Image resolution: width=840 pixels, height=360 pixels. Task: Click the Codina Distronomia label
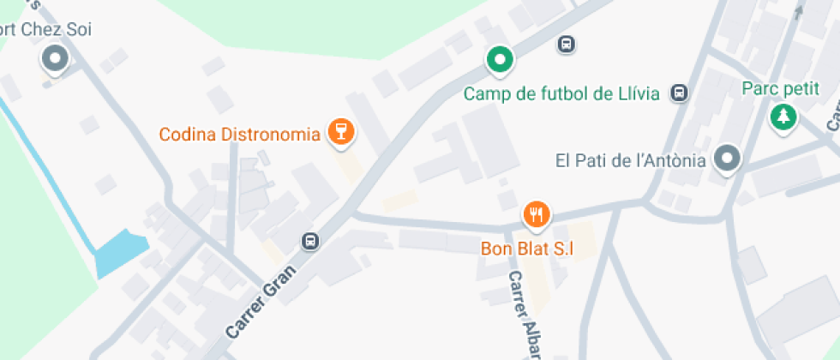pos(239,135)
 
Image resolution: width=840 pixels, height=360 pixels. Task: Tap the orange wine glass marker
pos(342,132)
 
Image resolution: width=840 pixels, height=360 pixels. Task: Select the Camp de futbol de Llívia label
pos(561,93)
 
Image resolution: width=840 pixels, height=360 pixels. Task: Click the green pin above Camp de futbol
pos(500,59)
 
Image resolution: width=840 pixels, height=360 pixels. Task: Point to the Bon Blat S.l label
pos(525,249)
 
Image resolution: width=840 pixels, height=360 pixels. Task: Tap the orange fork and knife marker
pos(537,214)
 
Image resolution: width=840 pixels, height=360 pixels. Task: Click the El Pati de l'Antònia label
pos(630,160)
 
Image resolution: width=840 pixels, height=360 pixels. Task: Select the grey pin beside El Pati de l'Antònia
pos(728,158)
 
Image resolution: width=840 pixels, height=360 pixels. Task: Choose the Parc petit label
pos(781,88)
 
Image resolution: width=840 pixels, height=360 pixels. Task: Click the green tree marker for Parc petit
pos(782,117)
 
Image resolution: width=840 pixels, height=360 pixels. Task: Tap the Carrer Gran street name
pos(261,301)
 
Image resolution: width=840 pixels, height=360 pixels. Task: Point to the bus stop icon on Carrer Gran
pos(310,243)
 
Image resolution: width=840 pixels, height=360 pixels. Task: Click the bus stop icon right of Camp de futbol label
pos(680,93)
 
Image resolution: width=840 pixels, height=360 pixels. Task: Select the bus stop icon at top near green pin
pos(566,44)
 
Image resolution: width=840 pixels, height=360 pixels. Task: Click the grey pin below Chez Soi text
pos(56,59)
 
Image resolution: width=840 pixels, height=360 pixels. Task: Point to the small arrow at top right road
pos(799,11)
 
